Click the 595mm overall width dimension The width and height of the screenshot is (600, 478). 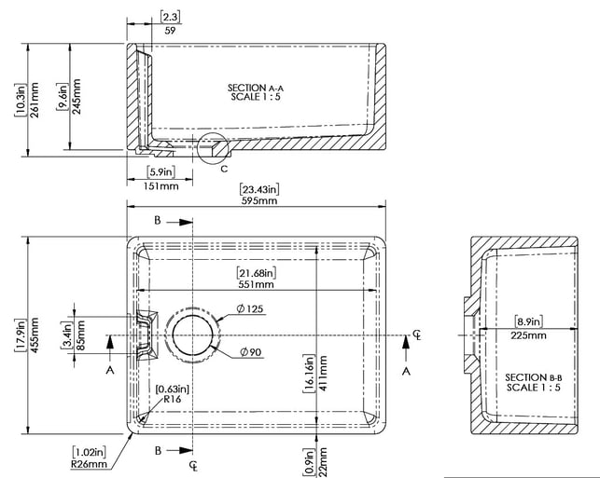click(x=259, y=200)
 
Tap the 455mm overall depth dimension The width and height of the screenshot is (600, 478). click(x=34, y=335)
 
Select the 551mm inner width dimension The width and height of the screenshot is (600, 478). click(x=256, y=284)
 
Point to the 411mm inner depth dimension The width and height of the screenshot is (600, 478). click(x=323, y=374)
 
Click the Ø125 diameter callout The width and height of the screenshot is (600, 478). click(x=250, y=308)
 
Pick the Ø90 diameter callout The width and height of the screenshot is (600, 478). click(x=251, y=352)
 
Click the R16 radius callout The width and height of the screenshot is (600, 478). click(x=173, y=400)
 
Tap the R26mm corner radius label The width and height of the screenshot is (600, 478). click(x=89, y=464)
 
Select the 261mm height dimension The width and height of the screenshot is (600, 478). click(x=34, y=100)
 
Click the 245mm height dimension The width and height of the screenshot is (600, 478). click(x=77, y=97)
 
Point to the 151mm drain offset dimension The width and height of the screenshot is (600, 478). click(x=160, y=186)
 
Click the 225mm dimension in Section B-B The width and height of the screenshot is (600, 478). click(x=528, y=335)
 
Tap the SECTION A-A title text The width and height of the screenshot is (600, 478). click(x=256, y=88)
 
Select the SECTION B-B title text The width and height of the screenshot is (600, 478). click(x=534, y=377)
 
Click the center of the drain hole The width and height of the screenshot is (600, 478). click(x=192, y=335)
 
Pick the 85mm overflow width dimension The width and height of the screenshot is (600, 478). click(x=80, y=335)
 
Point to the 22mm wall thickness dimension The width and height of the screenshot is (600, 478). click(x=323, y=462)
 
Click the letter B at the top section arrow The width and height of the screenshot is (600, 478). click(x=158, y=221)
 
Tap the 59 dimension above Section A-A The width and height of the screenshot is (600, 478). click(x=170, y=31)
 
